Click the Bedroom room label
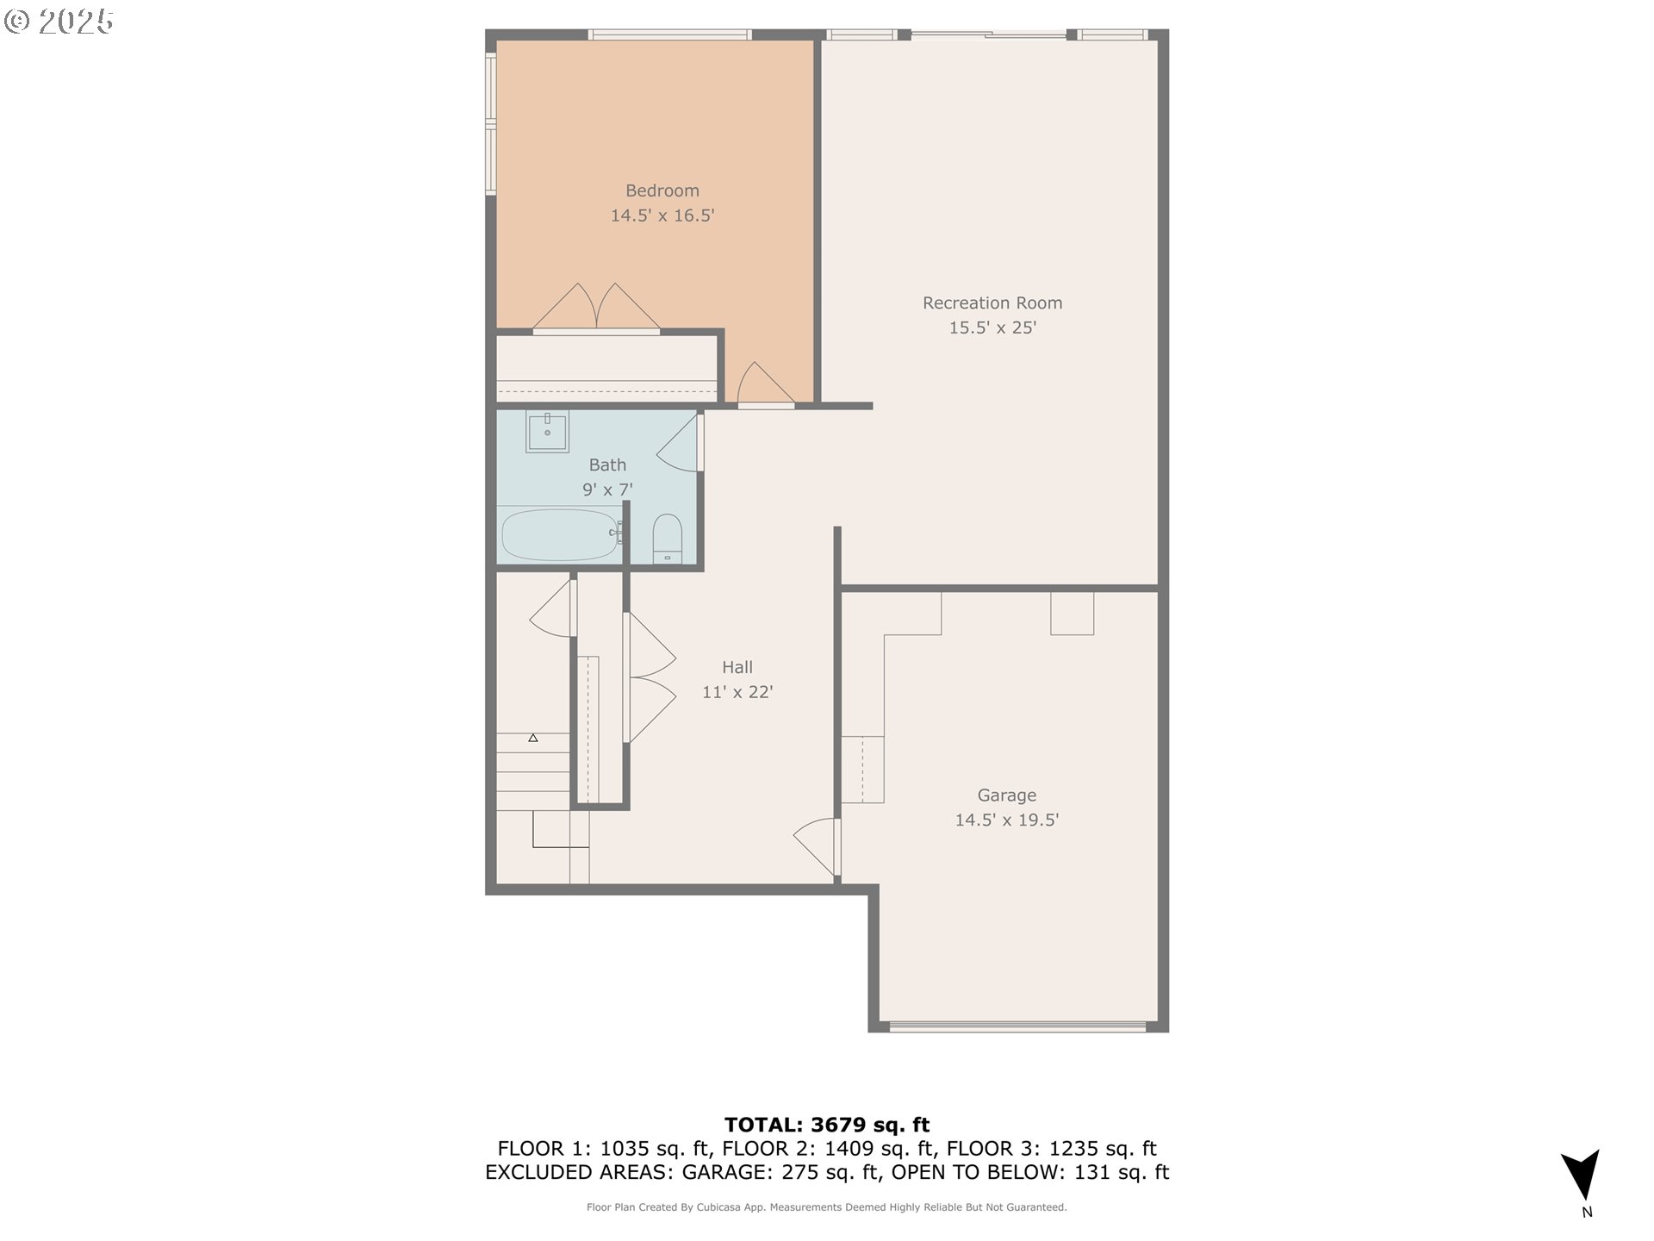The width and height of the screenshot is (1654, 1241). coord(662,190)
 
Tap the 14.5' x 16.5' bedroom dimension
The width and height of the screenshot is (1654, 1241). coord(662,215)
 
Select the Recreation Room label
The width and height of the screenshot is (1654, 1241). coord(992,302)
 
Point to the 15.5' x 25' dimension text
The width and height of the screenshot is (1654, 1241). coord(992,327)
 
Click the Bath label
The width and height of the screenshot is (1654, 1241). coord(607,465)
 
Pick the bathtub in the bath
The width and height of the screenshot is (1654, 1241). coord(561,534)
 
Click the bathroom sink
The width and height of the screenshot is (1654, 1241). coord(547,431)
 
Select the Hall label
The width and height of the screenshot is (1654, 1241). coord(737,667)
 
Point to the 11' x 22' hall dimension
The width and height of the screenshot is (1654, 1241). coord(737,692)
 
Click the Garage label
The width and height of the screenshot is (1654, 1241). coord(1006,795)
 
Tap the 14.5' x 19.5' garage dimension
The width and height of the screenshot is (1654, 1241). coord(1006,820)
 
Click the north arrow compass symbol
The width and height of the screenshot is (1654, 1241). coord(1581,1175)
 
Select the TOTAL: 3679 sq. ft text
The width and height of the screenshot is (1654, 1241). coord(827,1125)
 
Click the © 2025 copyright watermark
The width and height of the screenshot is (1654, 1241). coord(59,22)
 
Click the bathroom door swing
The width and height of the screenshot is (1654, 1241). coord(680,443)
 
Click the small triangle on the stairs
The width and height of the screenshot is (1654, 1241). coord(533,738)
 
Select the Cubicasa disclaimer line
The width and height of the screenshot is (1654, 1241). coord(827,1207)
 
